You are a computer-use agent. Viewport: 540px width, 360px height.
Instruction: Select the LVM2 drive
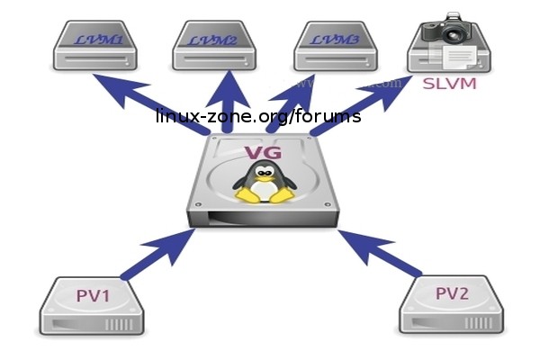[216, 46]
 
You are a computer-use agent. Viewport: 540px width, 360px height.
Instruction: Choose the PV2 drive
[450, 306]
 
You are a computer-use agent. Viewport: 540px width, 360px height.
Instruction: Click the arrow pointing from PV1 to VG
[157, 253]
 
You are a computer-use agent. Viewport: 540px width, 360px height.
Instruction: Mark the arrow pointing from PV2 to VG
[382, 253]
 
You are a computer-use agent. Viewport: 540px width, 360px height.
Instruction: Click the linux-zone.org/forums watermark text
[258, 117]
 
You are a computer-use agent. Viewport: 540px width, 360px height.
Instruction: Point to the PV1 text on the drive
[92, 293]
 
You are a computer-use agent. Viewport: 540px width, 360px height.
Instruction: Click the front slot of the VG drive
[261, 217]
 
